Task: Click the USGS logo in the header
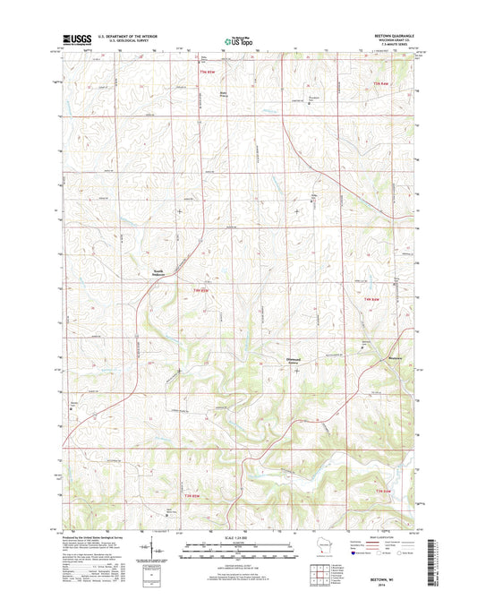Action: tap(69, 39)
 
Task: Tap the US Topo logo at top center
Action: tap(238, 40)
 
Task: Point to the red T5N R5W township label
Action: tap(209, 71)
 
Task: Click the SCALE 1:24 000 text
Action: tap(238, 536)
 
